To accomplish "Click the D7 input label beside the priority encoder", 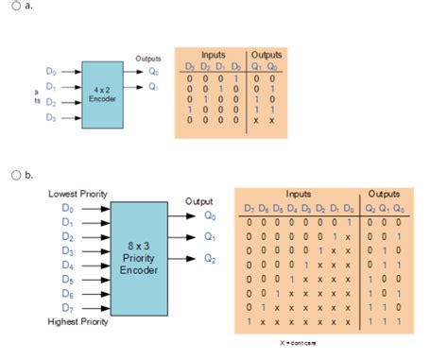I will (x=66, y=309).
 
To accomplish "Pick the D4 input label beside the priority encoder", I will (x=66, y=266).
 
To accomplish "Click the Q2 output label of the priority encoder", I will (x=210, y=259).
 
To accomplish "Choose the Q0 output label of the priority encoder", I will (x=210, y=214).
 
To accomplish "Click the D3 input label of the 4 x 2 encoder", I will (x=51, y=117).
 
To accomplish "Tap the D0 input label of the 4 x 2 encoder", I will (x=51, y=70).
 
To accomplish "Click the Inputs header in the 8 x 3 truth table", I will (x=298, y=192).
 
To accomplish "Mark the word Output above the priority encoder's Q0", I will (x=199, y=200).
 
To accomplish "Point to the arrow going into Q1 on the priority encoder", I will (x=184, y=236).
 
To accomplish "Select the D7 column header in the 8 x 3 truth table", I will (x=249, y=207).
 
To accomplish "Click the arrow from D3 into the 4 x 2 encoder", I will (x=71, y=117).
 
